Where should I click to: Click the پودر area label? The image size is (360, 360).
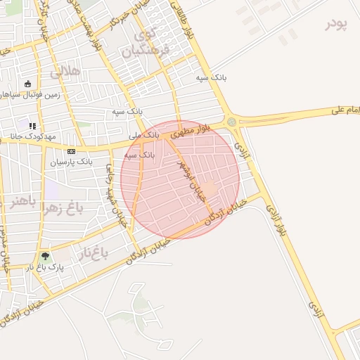pos(337,24)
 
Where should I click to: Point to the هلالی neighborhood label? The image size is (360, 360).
pos(65,72)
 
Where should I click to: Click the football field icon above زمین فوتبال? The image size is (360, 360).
pos(28,84)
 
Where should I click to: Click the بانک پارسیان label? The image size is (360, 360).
pos(71,162)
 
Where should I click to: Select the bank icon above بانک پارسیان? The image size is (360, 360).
pos(71,151)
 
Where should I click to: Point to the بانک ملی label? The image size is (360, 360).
pos(145,134)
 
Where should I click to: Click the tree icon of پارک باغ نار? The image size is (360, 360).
pos(46,257)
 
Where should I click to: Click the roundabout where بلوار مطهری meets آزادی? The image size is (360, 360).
pos(232,122)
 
